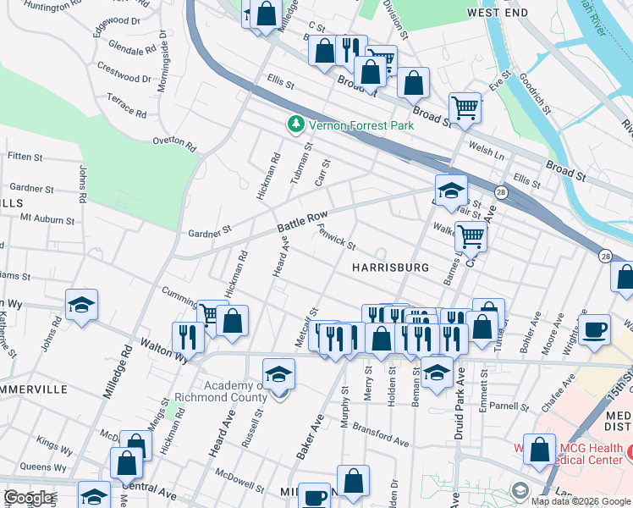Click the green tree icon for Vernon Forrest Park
(295, 125)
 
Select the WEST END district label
(497, 13)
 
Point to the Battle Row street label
(302, 224)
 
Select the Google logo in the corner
(28, 498)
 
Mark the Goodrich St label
(536, 92)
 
